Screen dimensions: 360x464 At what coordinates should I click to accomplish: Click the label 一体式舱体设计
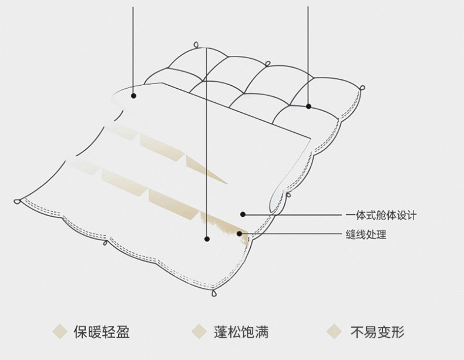381,216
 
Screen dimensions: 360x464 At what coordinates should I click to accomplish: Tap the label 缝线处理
366,235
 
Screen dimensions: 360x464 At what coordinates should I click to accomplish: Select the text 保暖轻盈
102,332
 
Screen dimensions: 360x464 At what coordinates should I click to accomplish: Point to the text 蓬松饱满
241,332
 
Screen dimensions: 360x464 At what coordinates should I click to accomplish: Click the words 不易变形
377,332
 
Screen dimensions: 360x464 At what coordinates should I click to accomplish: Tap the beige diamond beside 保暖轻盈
59,332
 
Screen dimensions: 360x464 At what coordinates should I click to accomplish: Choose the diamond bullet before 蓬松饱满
199,332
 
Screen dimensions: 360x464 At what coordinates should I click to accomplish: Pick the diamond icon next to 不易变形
334,332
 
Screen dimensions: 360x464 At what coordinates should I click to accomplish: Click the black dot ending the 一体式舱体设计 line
243,214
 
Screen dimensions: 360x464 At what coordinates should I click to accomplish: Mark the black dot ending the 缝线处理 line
239,234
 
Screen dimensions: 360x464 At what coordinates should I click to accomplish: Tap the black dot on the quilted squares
308,106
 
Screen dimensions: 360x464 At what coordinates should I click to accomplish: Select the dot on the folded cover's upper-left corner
134,96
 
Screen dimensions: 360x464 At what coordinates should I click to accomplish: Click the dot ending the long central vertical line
207,239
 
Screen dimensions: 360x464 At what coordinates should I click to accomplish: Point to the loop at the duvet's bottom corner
214,293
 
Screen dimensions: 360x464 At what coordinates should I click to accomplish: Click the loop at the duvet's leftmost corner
17,201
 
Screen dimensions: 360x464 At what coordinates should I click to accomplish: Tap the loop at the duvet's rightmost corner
362,88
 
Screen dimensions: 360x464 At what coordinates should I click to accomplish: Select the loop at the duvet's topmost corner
196,45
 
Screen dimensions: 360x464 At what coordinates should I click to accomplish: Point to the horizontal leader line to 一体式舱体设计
296,215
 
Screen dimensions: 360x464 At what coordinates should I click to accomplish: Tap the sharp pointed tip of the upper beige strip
226,183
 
